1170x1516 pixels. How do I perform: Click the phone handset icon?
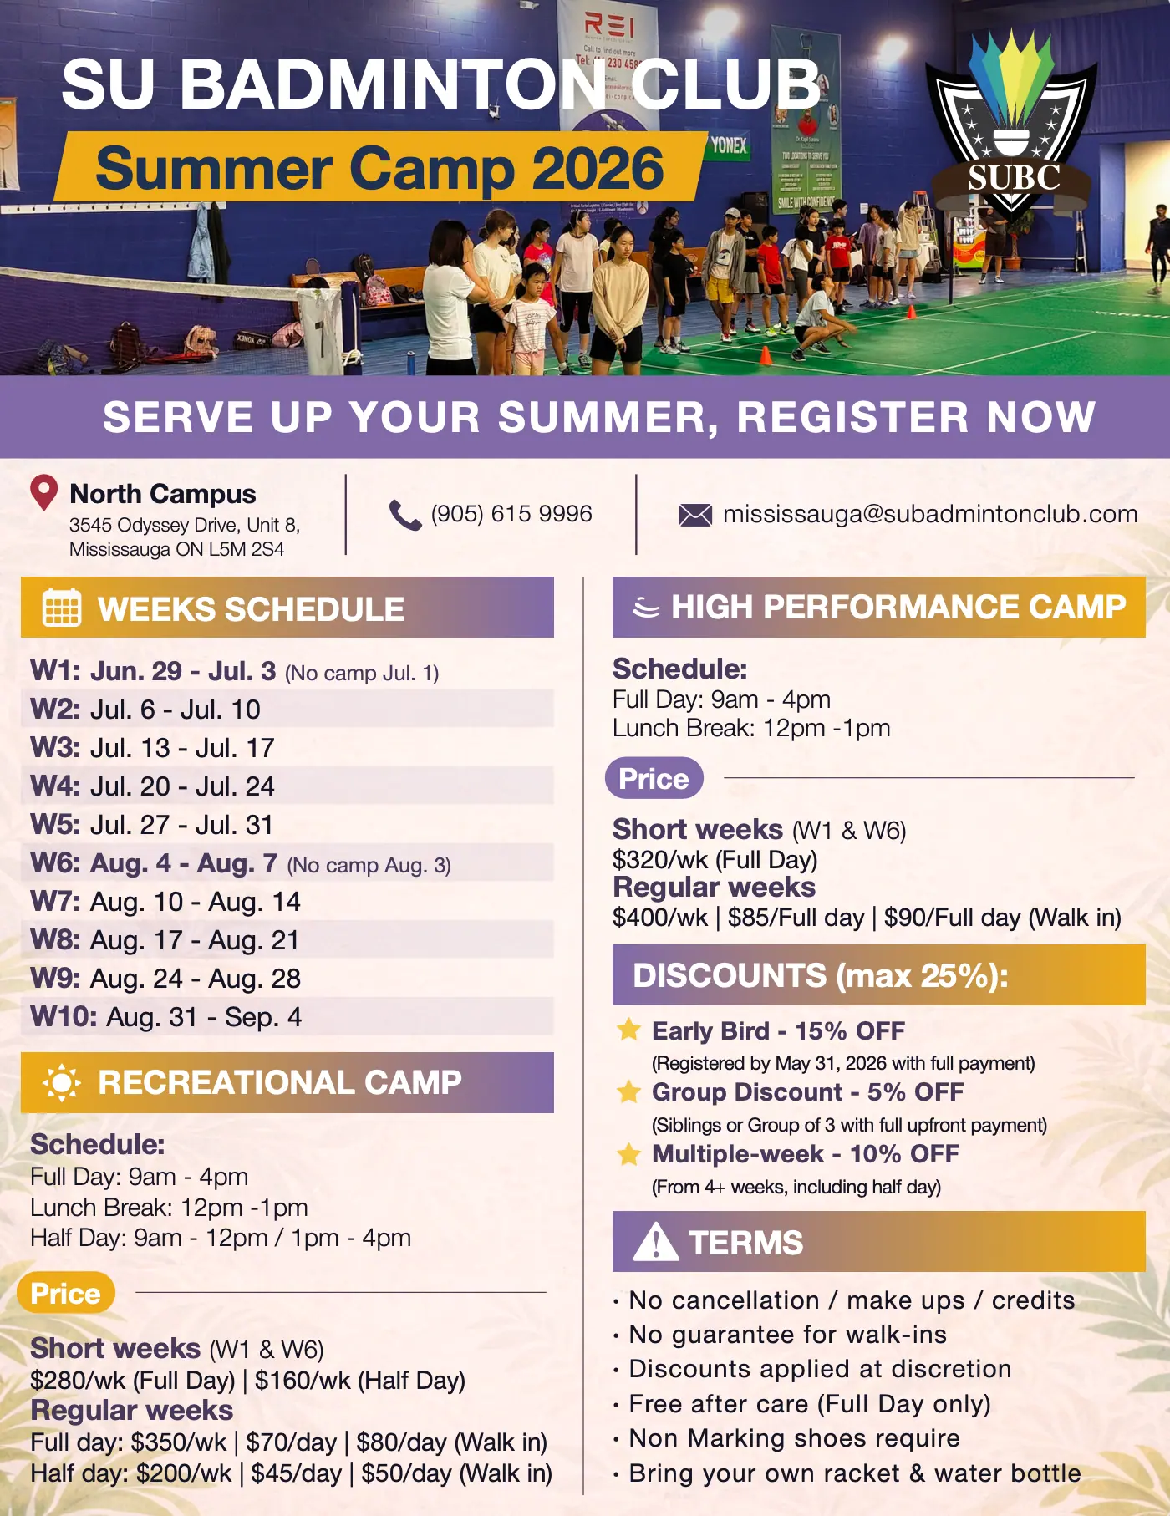point(405,515)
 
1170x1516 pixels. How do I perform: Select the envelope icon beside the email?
point(695,515)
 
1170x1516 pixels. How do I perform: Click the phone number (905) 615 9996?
point(511,514)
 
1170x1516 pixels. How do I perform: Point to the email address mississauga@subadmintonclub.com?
point(930,514)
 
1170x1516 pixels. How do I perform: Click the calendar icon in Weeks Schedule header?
point(62,608)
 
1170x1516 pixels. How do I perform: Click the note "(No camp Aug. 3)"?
point(369,865)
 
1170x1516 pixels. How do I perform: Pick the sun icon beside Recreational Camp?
point(62,1083)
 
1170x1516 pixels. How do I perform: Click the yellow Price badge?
point(66,1293)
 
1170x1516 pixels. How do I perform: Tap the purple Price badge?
point(654,778)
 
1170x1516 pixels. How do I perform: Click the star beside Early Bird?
point(628,1030)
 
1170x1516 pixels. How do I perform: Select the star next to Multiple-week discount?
point(628,1154)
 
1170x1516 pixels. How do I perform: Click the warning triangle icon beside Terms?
point(656,1241)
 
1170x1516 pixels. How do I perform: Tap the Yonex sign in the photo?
point(729,145)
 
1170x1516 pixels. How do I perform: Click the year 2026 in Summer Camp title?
point(598,167)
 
